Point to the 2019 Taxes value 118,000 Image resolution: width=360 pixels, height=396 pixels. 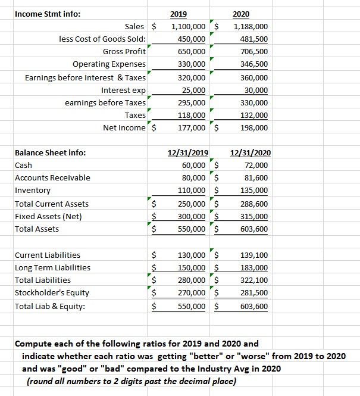click(192, 115)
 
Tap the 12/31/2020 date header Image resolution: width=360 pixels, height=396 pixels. click(250, 152)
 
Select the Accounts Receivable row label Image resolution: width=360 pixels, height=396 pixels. click(52, 177)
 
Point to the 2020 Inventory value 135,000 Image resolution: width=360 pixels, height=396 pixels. click(253, 191)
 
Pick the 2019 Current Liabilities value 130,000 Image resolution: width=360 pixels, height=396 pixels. click(192, 255)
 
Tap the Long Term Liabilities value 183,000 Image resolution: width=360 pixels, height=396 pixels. click(253, 267)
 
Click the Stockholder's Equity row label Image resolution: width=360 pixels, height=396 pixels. click(52, 292)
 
